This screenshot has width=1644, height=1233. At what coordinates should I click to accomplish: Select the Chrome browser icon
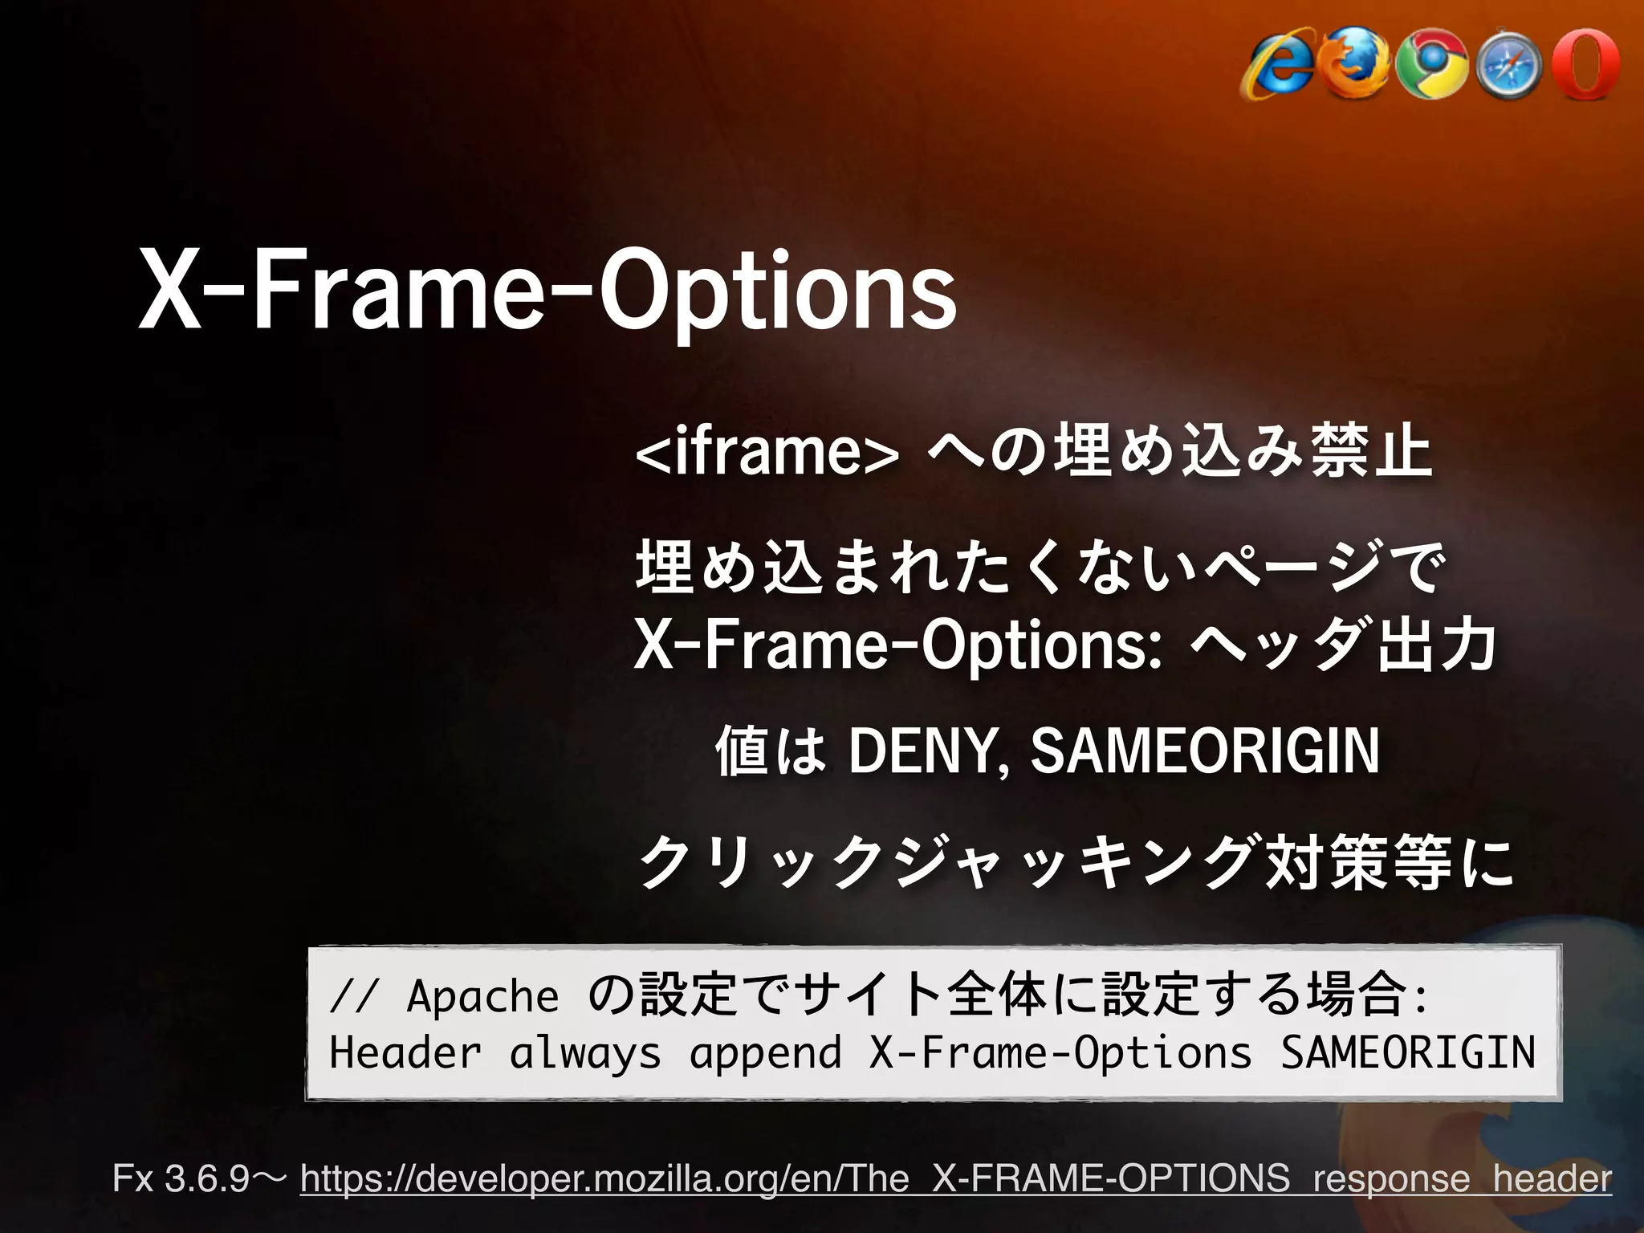point(1431,65)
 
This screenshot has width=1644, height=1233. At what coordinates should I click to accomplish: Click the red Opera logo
point(1585,63)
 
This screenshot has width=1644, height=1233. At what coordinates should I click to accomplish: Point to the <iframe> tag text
point(767,453)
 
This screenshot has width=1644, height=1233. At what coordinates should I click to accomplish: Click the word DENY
point(922,751)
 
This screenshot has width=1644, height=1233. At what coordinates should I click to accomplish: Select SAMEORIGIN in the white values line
point(1204,751)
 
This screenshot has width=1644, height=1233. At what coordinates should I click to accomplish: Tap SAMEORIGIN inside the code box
point(1407,1052)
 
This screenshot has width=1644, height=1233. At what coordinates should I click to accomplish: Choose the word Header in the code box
point(405,1052)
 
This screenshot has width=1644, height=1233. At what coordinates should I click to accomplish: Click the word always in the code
point(585,1052)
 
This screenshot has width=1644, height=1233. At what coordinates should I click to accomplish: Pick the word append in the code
point(765,1052)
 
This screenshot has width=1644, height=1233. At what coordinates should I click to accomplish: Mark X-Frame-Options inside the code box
point(1060,1052)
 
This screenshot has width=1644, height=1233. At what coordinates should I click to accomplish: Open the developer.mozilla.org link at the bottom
point(955,1178)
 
